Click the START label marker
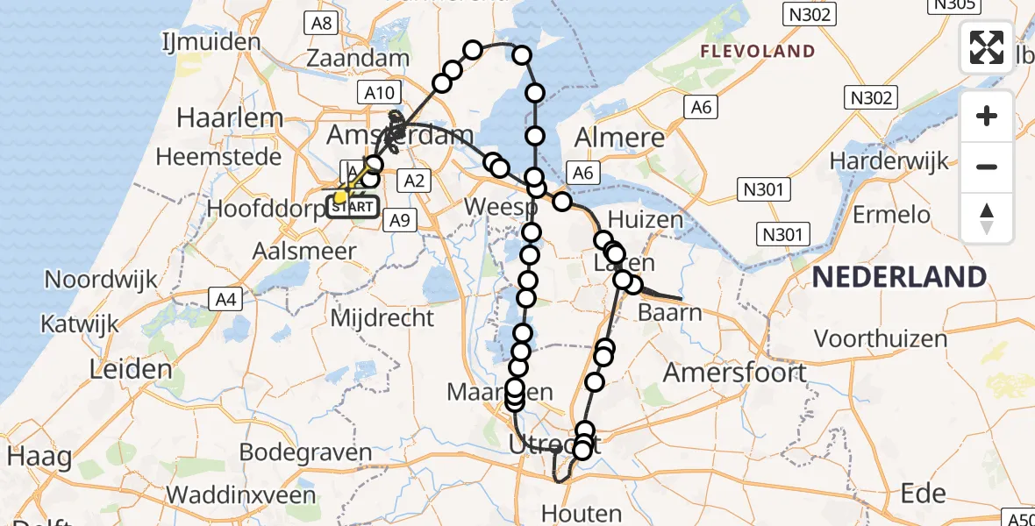click(x=354, y=208)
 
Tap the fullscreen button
click(x=987, y=47)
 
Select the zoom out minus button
click(x=987, y=167)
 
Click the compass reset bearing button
click(x=987, y=217)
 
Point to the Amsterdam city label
click(x=399, y=135)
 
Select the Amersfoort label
click(x=735, y=373)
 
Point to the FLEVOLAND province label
click(x=757, y=52)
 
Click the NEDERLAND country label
click(x=899, y=277)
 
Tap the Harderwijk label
click(x=890, y=160)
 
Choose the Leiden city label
click(x=132, y=368)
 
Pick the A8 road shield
click(x=322, y=23)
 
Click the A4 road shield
click(x=226, y=300)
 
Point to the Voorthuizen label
click(x=881, y=338)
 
